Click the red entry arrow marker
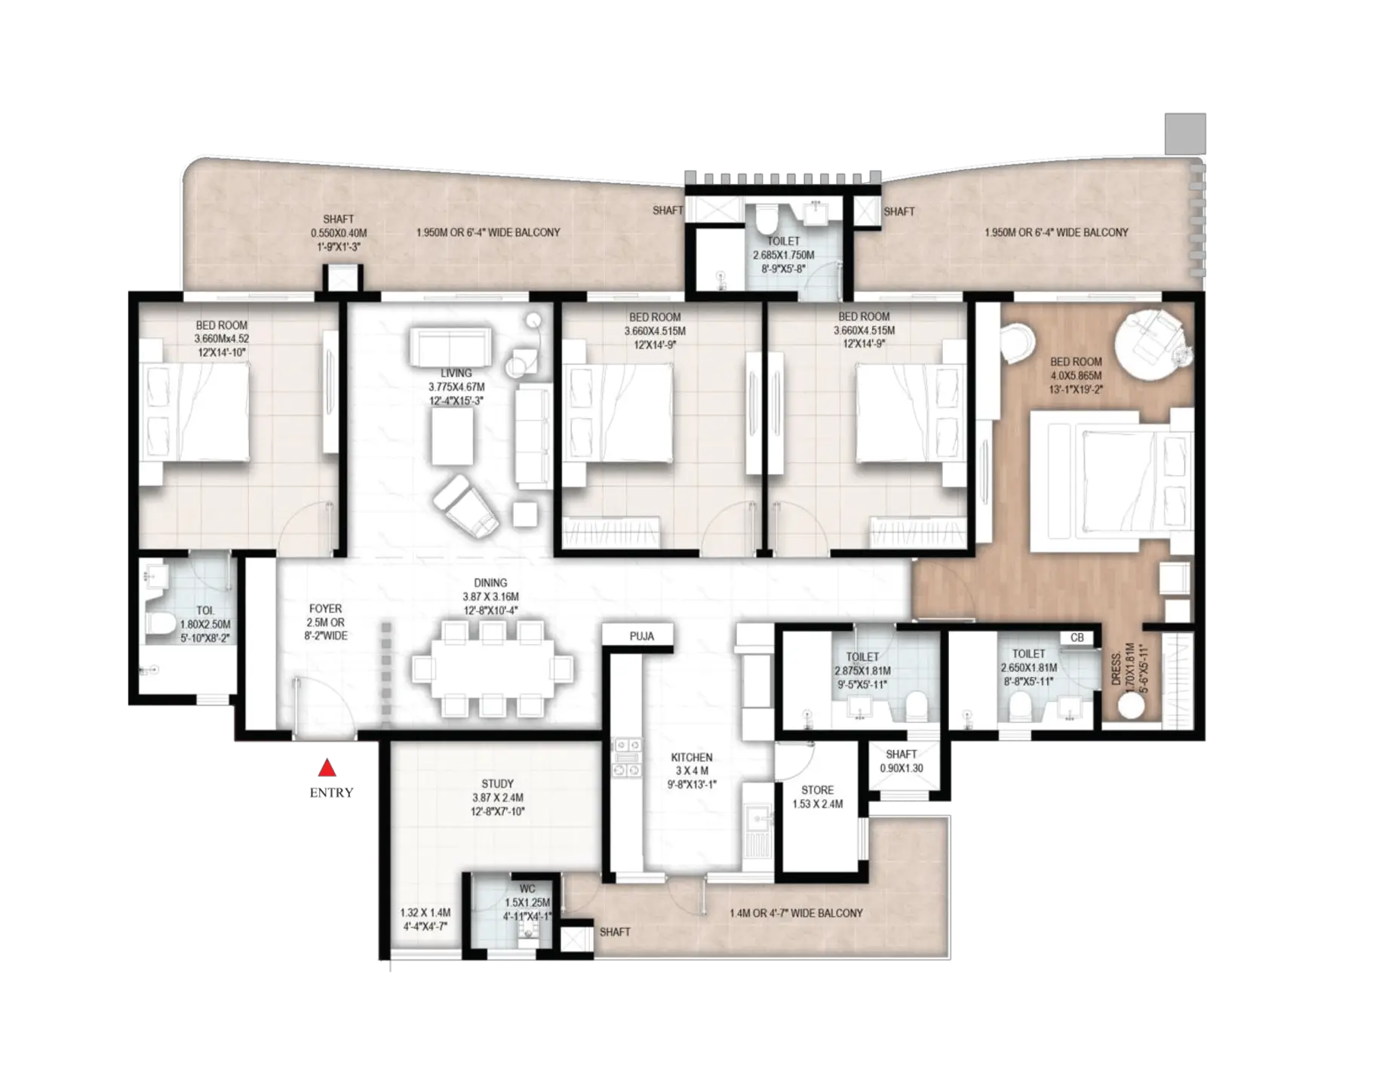point(327,768)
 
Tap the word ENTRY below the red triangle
point(331,793)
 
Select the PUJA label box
point(641,636)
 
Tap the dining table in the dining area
point(493,669)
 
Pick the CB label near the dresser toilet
point(1076,638)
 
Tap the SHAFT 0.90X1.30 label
point(901,761)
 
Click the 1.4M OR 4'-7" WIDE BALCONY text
point(796,913)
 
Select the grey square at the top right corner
point(1185,134)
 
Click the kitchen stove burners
point(626,757)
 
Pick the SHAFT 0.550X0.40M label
point(339,232)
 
